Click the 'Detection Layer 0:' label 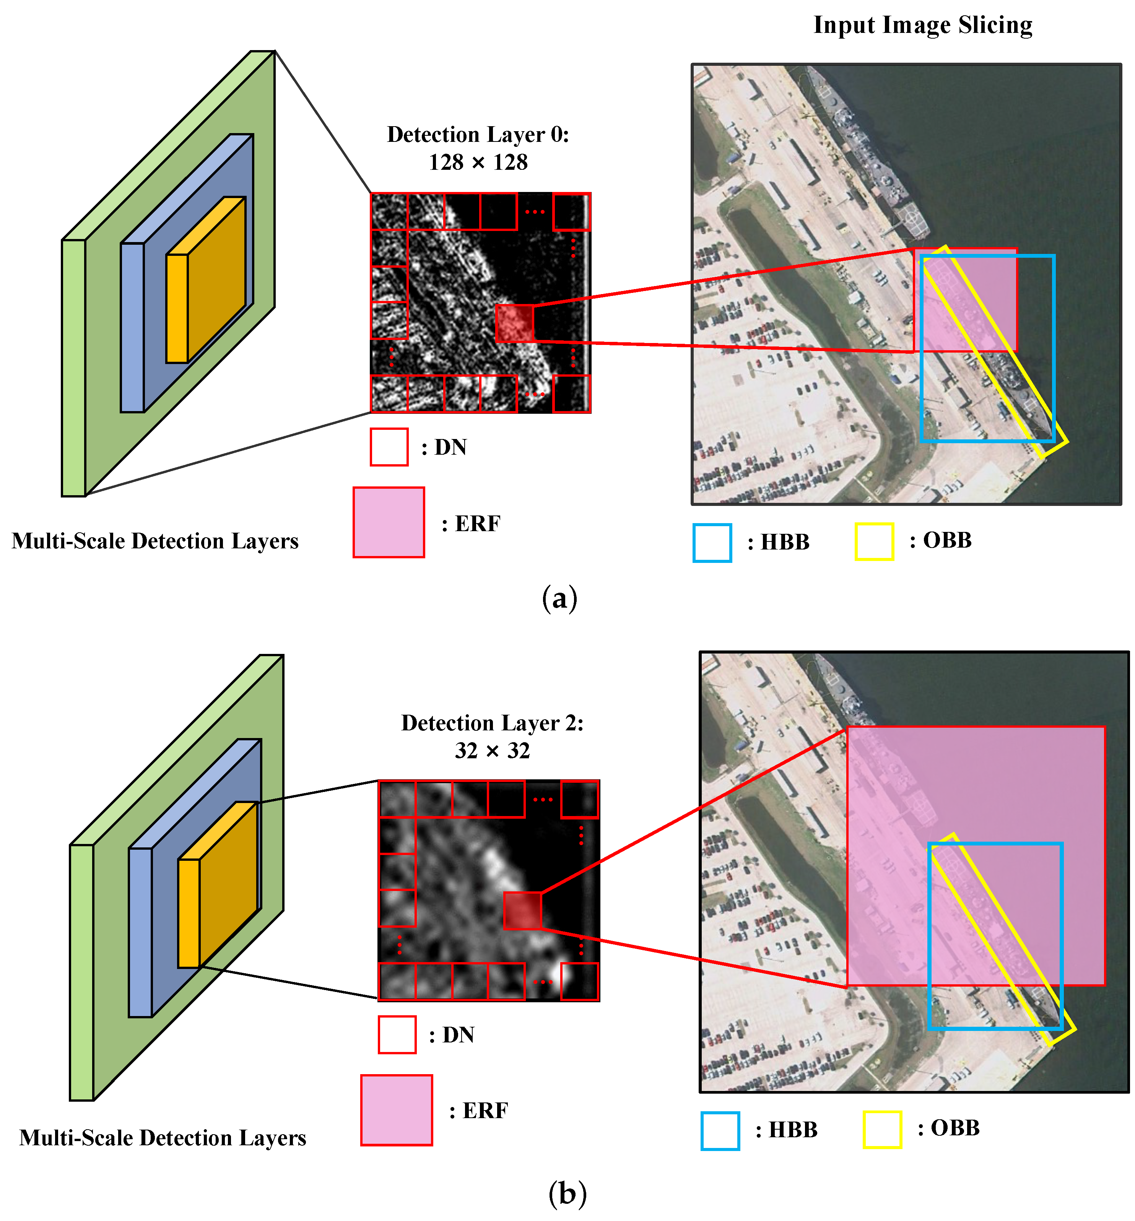click(x=478, y=135)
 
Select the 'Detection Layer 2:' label click(x=492, y=723)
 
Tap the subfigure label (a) click(x=559, y=598)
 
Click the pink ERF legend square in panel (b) click(x=397, y=1110)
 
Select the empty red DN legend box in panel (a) click(x=389, y=447)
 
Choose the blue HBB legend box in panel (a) click(x=712, y=542)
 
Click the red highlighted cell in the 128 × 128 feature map click(x=514, y=324)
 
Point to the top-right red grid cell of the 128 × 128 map click(x=572, y=212)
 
